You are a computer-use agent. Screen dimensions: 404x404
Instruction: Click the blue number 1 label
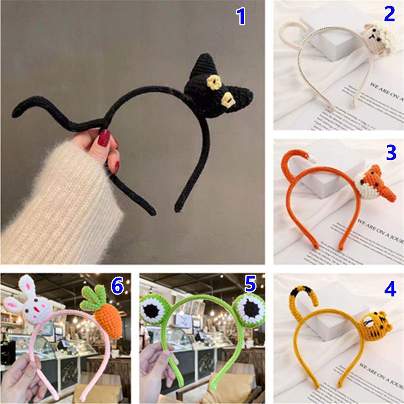coord(241,17)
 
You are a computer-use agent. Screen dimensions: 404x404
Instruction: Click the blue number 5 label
coord(250,285)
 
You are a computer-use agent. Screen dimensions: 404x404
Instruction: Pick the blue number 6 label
coord(117,286)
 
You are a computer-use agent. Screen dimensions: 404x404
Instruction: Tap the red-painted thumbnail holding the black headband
coord(104,138)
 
